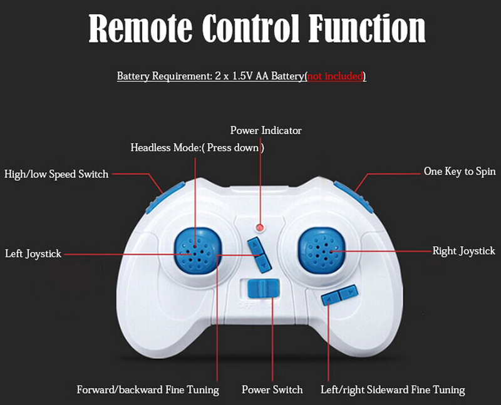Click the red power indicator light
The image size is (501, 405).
[260, 227]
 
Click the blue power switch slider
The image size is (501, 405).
[263, 288]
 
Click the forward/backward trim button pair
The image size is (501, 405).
[259, 255]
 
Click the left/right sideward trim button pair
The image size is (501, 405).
[339, 294]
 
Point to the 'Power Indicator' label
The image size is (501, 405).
[266, 130]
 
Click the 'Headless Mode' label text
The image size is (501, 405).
[197, 148]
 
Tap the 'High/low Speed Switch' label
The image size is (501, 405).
[56, 175]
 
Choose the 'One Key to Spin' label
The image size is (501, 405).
[460, 172]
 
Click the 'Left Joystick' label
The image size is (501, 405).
[33, 254]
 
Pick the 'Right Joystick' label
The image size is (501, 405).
[463, 251]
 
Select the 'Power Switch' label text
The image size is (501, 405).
[272, 390]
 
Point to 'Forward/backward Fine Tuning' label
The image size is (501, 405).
[148, 390]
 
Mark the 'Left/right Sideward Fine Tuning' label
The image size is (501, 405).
[393, 390]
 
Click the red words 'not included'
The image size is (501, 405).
[335, 76]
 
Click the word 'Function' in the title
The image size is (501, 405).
[367, 28]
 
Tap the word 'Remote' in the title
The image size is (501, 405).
[140, 28]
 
